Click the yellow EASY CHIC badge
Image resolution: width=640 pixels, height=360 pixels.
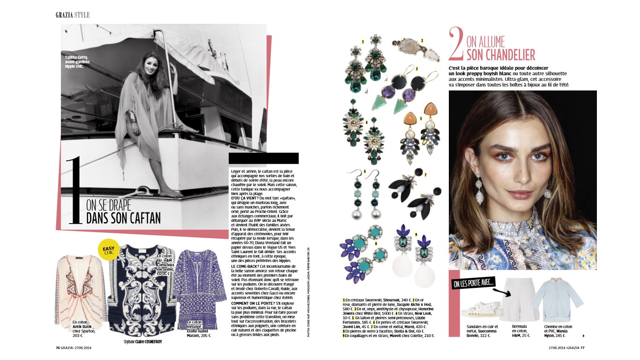click(x=109, y=249)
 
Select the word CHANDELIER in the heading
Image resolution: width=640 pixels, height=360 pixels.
click(x=500, y=55)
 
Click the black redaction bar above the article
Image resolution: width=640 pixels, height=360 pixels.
click(x=263, y=158)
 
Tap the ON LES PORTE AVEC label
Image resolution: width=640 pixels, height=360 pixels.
click(x=473, y=284)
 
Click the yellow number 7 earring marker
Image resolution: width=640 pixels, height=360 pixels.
click(x=425, y=175)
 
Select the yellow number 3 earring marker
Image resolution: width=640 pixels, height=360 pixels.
click(x=417, y=68)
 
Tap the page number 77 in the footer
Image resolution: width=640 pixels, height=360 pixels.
click(x=582, y=347)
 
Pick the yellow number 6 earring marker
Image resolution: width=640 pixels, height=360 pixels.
click(x=365, y=172)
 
